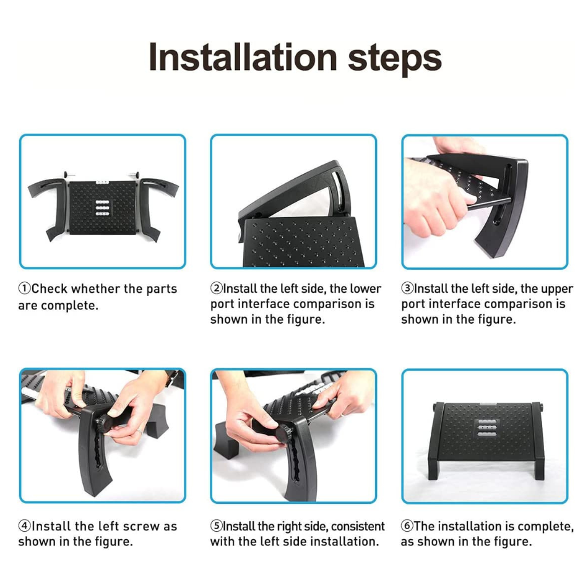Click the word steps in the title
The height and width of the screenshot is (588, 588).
point(395,60)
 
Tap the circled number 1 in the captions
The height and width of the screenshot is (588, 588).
point(25,289)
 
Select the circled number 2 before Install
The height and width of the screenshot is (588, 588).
point(217,288)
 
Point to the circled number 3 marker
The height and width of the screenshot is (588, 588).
point(407,288)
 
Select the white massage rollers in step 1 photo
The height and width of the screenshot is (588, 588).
point(102,208)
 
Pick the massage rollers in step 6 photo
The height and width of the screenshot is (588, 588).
point(486,428)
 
